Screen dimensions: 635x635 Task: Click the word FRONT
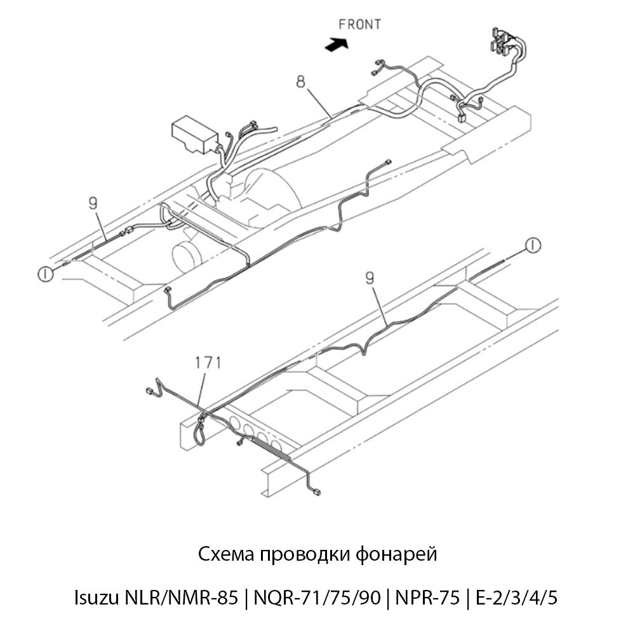[359, 25]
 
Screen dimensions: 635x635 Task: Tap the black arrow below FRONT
[337, 44]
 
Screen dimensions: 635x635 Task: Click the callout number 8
[300, 82]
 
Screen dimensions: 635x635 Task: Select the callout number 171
[208, 363]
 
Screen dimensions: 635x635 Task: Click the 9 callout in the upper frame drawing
[93, 203]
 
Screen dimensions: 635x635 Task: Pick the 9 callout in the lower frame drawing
[370, 278]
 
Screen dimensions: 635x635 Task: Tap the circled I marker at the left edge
[45, 274]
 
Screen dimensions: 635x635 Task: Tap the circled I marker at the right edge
[533, 245]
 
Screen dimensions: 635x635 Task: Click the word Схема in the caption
[226, 554]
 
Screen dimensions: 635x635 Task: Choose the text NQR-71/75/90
[317, 598]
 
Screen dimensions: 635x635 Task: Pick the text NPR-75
[427, 598]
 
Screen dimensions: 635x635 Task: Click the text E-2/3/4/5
[516, 598]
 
